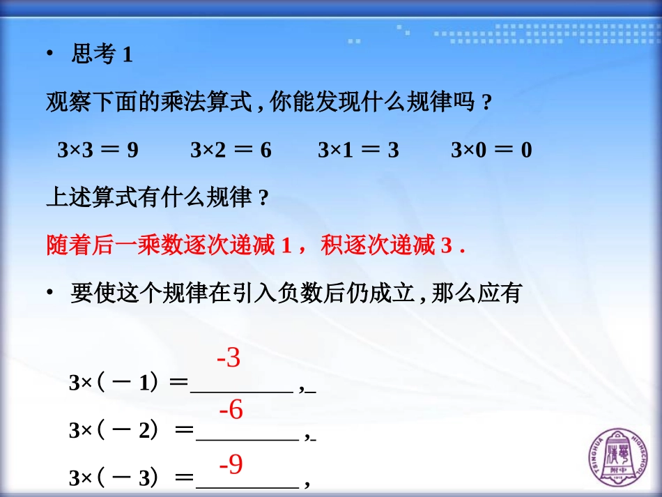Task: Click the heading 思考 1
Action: (x=102, y=55)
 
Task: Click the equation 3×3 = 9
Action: (x=98, y=150)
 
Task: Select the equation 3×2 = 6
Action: (x=231, y=150)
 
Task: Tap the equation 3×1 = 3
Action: (x=358, y=150)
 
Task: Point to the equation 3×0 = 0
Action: (x=491, y=150)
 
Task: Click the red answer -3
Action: (x=229, y=358)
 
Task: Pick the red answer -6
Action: (x=231, y=411)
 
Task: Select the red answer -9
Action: (x=231, y=464)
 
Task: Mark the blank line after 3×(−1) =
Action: (x=241, y=390)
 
